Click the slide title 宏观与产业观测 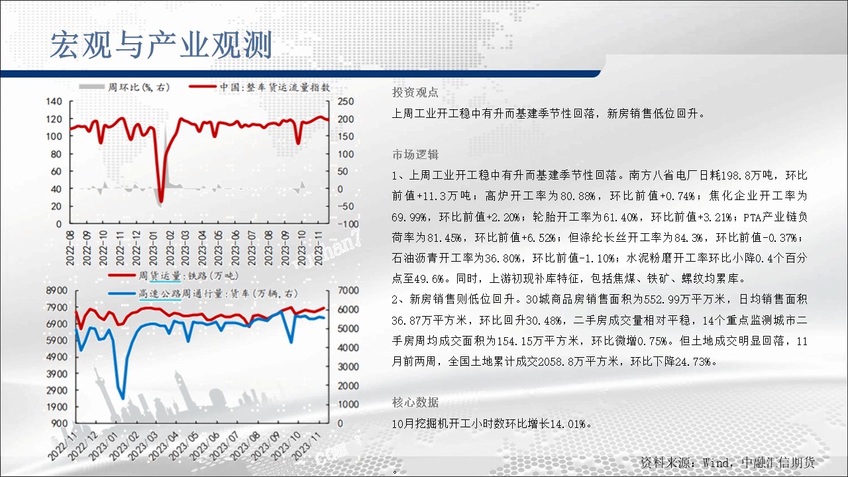(161, 45)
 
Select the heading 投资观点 (415, 92)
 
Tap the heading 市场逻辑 (415, 154)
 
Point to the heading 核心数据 (415, 402)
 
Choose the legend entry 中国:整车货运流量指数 (260, 87)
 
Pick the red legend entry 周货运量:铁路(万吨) (174, 276)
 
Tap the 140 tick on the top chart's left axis (54, 101)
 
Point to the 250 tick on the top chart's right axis (346, 101)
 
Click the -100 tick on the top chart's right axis (348, 224)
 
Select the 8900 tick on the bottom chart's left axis (56, 290)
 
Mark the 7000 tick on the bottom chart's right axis (348, 290)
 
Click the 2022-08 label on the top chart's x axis (70, 248)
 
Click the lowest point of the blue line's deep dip (123, 398)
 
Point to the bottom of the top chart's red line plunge (161, 201)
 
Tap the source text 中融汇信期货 (778, 462)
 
